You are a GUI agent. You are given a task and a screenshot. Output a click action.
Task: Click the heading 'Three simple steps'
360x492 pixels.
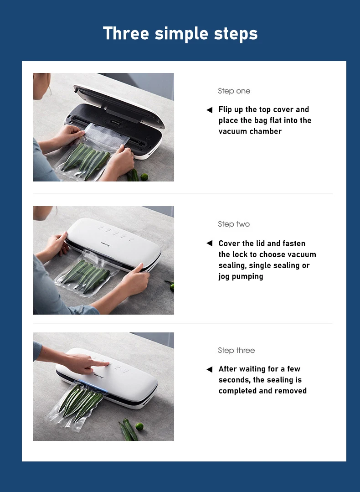click(180, 34)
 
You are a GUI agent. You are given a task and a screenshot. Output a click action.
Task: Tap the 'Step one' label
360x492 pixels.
click(234, 91)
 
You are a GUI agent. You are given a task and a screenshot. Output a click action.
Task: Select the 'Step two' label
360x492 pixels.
click(234, 224)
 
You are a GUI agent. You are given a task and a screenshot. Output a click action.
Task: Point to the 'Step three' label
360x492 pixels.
click(236, 350)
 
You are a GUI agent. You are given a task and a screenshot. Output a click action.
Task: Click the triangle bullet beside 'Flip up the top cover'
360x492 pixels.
click(210, 110)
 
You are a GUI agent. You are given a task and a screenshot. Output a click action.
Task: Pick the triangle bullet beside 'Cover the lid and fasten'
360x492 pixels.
click(210, 243)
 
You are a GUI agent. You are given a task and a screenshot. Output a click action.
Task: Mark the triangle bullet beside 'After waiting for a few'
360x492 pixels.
click(210, 369)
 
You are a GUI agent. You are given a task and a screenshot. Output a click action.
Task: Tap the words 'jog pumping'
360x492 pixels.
click(241, 277)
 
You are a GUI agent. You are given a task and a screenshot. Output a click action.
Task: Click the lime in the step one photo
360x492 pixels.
click(144, 176)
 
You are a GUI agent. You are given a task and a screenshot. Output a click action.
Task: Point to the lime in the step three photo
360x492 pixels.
click(139, 426)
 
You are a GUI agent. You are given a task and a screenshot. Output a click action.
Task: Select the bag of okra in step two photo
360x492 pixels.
click(85, 275)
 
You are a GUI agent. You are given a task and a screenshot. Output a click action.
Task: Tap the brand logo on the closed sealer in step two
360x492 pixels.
click(105, 244)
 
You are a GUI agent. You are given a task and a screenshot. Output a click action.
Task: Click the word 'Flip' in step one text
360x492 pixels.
click(225, 110)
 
